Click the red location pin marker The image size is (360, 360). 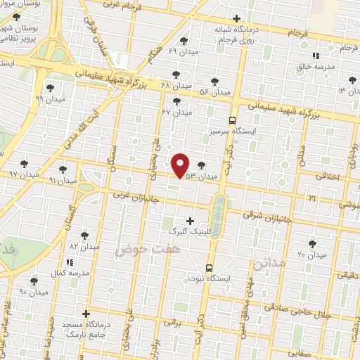(x=181, y=165)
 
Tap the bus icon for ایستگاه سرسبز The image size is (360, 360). (x=233, y=120)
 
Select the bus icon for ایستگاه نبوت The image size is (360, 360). (x=209, y=268)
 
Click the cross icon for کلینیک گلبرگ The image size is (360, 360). (x=190, y=221)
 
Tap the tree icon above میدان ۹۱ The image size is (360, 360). (x=63, y=169)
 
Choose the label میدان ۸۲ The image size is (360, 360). (x=83, y=247)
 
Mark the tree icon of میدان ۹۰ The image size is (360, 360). (x=34, y=281)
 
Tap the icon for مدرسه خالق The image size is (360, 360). (x=316, y=55)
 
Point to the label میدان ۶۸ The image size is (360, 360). (x=176, y=85)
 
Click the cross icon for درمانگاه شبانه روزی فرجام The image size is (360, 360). (x=237, y=18)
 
